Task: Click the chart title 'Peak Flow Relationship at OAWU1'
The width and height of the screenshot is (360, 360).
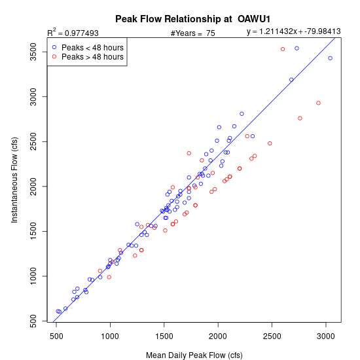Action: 192,19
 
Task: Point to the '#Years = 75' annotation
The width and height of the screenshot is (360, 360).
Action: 192,33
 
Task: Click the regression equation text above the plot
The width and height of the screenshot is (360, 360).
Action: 294,31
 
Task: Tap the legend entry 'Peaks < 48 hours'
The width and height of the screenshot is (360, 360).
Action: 92,48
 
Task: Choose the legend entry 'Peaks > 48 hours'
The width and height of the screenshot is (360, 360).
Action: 92,57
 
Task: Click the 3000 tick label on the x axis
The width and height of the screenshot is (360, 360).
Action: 326,336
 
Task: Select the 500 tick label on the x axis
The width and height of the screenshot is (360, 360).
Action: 56,336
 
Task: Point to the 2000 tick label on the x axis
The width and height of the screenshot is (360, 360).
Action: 218,336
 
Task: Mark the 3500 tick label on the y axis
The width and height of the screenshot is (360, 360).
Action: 33,52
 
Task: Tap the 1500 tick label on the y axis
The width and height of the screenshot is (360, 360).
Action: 33,231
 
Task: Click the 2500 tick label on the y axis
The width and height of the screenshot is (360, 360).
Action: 33,141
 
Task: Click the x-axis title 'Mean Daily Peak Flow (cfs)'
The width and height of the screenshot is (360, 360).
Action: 194,355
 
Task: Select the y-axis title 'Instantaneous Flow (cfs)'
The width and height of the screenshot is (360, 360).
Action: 14,180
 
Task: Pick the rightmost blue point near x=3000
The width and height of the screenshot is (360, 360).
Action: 330,58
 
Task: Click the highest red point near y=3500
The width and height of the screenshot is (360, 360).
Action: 283,49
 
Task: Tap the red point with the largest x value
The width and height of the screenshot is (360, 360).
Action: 318,103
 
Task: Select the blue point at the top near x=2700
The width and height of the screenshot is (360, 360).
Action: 297,48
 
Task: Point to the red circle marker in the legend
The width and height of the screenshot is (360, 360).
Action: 54,56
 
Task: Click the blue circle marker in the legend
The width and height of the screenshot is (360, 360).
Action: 54,47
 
